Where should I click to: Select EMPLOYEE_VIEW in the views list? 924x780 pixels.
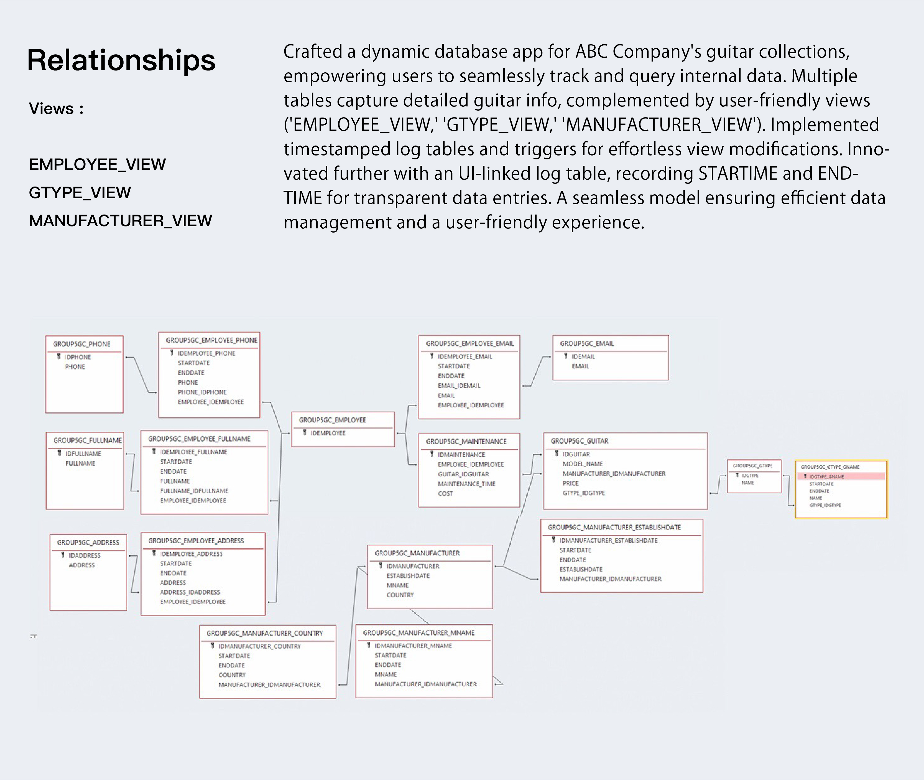coord(97,164)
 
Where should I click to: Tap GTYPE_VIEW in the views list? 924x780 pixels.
coord(80,193)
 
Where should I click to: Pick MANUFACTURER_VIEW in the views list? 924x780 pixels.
coord(120,221)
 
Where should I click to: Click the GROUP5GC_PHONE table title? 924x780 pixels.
coord(82,344)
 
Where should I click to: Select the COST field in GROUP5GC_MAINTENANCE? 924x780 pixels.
coord(445,493)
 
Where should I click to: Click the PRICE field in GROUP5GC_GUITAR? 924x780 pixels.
coord(570,483)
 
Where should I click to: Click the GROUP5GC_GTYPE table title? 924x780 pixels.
coord(752,466)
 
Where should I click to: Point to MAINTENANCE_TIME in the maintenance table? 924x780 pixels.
coord(466,484)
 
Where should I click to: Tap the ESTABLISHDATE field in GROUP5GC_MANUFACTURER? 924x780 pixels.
coord(408,576)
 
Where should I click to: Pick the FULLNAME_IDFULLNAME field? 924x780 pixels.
coord(194,491)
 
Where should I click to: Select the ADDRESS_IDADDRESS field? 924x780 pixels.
coord(190,593)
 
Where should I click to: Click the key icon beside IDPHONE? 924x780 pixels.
coord(58,357)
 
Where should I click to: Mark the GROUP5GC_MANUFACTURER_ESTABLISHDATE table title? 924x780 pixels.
coord(614,527)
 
